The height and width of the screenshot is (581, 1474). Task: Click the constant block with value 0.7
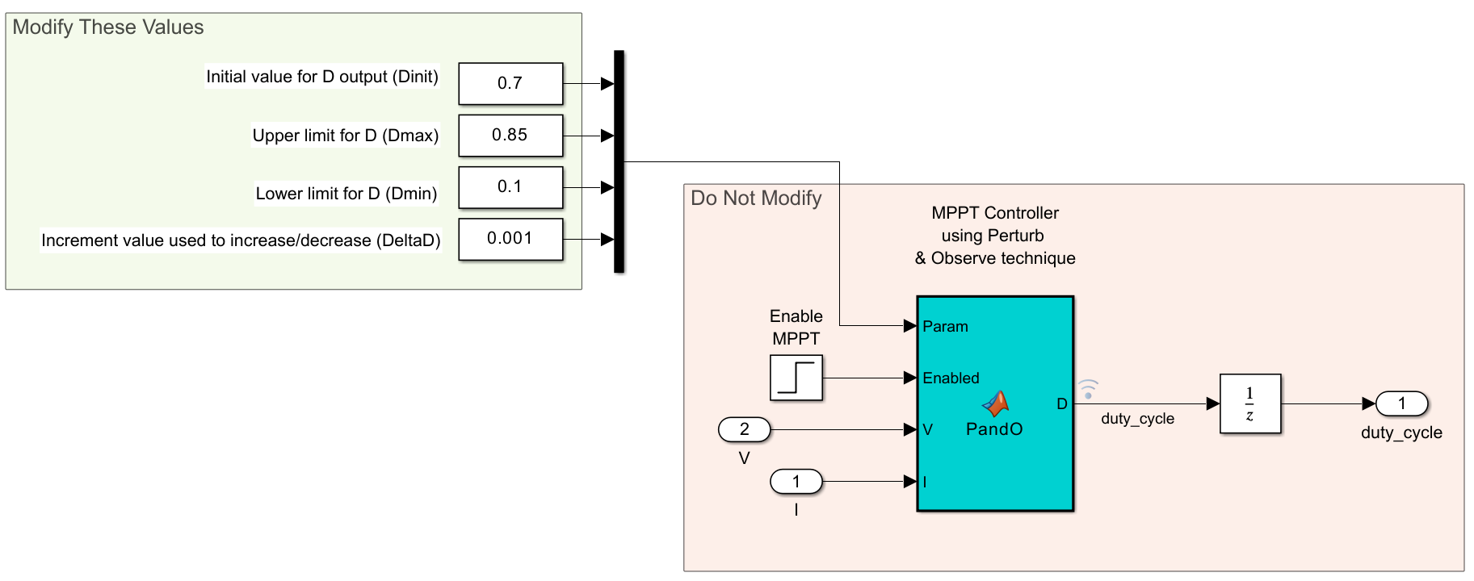[x=510, y=83]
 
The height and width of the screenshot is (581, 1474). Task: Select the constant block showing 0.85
[x=510, y=135]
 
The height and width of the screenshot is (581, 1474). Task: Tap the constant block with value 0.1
[x=510, y=186]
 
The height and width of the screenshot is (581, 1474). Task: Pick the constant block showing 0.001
[x=510, y=239]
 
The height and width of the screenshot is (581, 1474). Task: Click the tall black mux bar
[x=619, y=161]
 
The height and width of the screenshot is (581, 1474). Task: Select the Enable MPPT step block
[x=796, y=378]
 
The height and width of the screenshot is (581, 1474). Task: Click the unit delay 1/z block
[x=1250, y=403]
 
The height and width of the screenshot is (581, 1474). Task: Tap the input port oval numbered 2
[x=745, y=429]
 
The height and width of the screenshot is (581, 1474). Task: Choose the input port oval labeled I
[x=796, y=482]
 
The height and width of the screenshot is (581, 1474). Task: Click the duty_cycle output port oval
[x=1402, y=403]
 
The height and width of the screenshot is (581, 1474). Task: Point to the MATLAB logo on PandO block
[x=996, y=403]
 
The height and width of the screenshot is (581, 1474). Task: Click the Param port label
[x=945, y=327]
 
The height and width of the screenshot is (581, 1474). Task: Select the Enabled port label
[x=951, y=378]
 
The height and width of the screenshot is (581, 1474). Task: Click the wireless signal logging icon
[x=1088, y=389]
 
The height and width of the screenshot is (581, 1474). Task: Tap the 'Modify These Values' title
[x=108, y=27]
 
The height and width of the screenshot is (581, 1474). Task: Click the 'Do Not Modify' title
[x=756, y=199]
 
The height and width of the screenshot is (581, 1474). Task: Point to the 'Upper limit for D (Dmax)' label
[x=346, y=136]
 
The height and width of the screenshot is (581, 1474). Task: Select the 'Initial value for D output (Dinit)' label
[x=322, y=77]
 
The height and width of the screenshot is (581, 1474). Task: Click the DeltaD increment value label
[x=241, y=240]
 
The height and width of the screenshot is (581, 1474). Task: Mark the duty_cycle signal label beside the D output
[x=1137, y=419]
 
